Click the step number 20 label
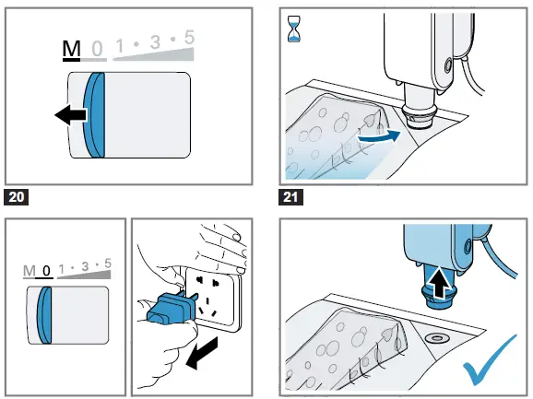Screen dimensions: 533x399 17,197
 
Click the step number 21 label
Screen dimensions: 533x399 290,197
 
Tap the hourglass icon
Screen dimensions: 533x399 293,29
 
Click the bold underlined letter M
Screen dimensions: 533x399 71,49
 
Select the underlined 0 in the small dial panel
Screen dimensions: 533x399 46,271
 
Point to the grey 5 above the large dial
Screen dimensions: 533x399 190,37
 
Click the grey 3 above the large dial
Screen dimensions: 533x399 155,42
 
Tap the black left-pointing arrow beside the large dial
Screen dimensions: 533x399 70,115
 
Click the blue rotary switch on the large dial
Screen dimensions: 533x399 94,115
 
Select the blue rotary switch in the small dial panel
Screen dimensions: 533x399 44,315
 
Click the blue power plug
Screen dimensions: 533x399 170,308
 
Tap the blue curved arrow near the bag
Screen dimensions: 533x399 378,136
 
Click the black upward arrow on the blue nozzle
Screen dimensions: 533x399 439,282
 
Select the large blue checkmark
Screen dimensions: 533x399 489,360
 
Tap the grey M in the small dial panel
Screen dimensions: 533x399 29,271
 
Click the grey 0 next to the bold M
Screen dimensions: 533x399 97,49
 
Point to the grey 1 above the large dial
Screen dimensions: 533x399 120,46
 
